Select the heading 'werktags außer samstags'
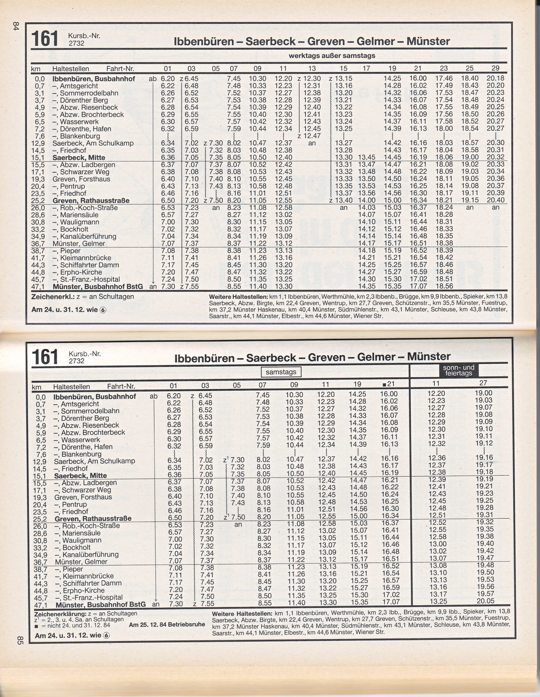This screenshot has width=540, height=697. point(332,56)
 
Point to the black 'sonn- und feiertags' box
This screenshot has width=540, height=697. point(459,370)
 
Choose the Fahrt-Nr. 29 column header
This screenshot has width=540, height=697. point(495,68)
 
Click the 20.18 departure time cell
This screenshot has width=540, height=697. point(495,78)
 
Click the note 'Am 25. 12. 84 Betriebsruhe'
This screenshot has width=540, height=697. point(167,625)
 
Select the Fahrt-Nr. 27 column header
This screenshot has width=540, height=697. point(484,383)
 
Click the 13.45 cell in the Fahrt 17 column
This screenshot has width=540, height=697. point(367,157)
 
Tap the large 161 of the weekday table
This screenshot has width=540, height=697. point(45,39)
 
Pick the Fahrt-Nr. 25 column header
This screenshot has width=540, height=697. point(469,68)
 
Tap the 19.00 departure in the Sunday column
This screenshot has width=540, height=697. point(484,393)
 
